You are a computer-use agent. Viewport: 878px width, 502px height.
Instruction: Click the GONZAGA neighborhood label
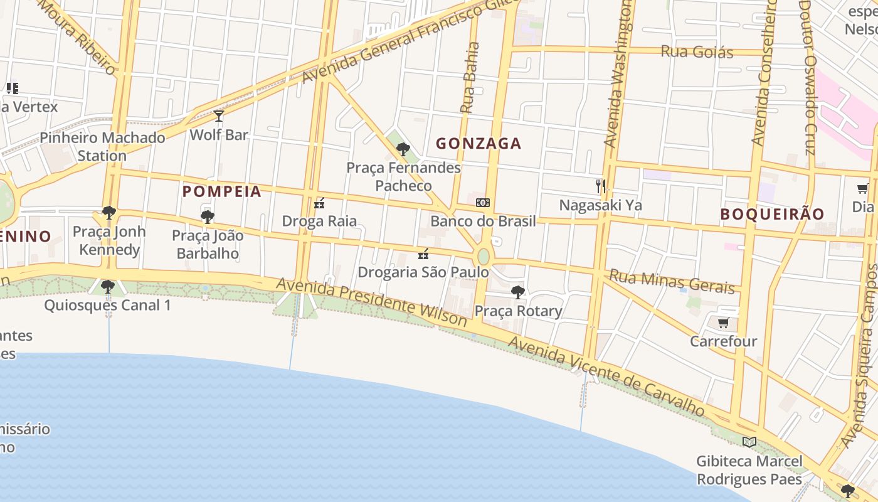point(479,144)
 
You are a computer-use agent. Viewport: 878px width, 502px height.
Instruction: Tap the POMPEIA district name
point(221,192)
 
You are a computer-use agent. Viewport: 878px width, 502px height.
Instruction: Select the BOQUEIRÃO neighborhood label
point(772,214)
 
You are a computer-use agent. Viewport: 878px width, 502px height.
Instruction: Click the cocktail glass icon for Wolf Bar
point(219,116)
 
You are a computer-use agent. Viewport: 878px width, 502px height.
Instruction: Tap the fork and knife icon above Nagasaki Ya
point(601,186)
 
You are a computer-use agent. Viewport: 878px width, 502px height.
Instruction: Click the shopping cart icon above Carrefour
point(723,323)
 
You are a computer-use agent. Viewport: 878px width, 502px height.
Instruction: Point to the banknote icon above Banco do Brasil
point(483,202)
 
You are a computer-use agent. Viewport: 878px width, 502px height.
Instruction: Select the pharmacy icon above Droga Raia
point(319,203)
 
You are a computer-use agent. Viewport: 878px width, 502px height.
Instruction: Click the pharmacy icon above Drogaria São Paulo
point(423,254)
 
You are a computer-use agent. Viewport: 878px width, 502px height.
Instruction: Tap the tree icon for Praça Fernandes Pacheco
point(403,149)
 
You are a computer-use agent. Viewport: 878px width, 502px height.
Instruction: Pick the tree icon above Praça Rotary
point(518,292)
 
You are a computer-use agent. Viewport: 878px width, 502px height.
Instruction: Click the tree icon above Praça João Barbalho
point(208,217)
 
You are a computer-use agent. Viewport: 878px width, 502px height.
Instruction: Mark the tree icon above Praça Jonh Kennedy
point(109,213)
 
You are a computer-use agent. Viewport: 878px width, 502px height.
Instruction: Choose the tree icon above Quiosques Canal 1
point(108,287)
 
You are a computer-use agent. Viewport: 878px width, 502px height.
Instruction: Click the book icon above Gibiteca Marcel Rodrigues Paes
point(749,442)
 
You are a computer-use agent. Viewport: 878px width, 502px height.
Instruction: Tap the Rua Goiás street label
point(697,51)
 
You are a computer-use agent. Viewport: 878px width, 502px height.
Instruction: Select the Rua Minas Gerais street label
point(672,281)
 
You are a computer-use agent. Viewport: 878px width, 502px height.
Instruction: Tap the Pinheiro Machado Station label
point(102,146)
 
